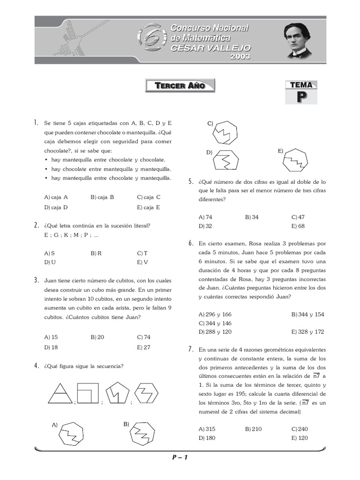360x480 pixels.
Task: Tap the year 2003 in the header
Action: coord(240,57)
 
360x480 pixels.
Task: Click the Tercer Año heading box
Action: coord(180,86)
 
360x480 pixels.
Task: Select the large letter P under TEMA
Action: coord(301,97)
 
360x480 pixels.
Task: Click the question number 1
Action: coord(36,123)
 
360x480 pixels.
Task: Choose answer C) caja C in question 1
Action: coord(149,197)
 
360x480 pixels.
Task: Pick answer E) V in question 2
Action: coord(142,262)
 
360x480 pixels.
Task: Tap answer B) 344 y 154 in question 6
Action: coord(307,315)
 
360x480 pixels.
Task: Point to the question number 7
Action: coord(191,349)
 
